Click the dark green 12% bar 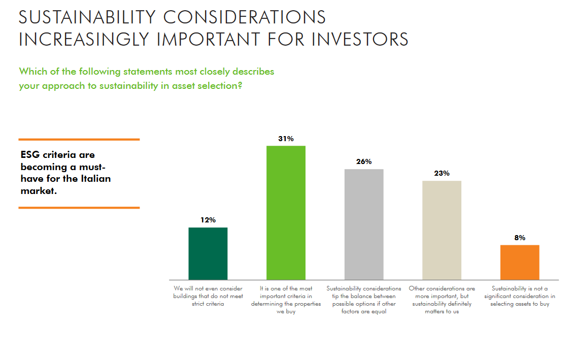click(x=208, y=253)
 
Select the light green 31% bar click(x=286, y=213)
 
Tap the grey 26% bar click(x=364, y=224)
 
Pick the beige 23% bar click(x=442, y=230)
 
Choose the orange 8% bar click(x=520, y=262)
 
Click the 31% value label click(x=286, y=139)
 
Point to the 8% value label click(x=520, y=238)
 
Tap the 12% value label click(x=208, y=220)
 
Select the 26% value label click(x=364, y=161)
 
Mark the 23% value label click(x=442, y=173)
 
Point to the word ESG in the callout click(x=31, y=154)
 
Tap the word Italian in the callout click(x=94, y=179)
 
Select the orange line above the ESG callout click(x=79, y=139)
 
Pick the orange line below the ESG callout click(x=79, y=208)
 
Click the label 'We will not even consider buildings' click(x=208, y=296)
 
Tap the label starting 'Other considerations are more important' click(x=442, y=300)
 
